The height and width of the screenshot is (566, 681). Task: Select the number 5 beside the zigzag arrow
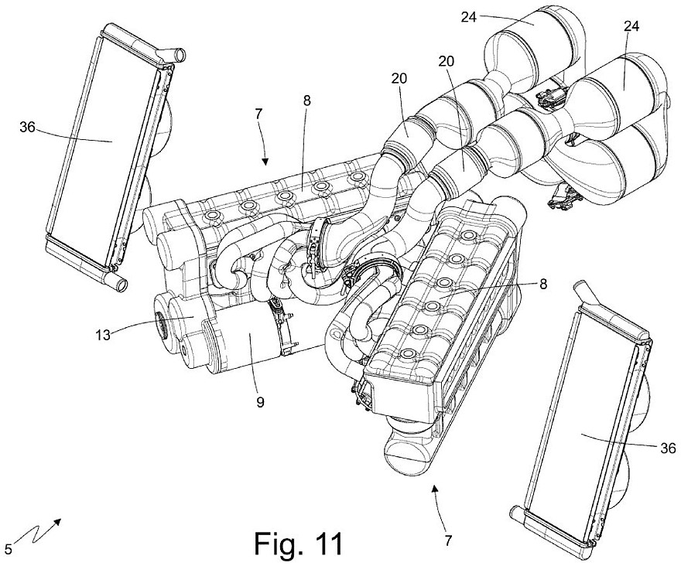pos(8,550)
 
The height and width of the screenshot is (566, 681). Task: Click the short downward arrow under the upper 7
pos(265,155)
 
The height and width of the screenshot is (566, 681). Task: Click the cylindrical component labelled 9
pos(248,340)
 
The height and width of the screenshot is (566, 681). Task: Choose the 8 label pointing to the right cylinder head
pos(542,284)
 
